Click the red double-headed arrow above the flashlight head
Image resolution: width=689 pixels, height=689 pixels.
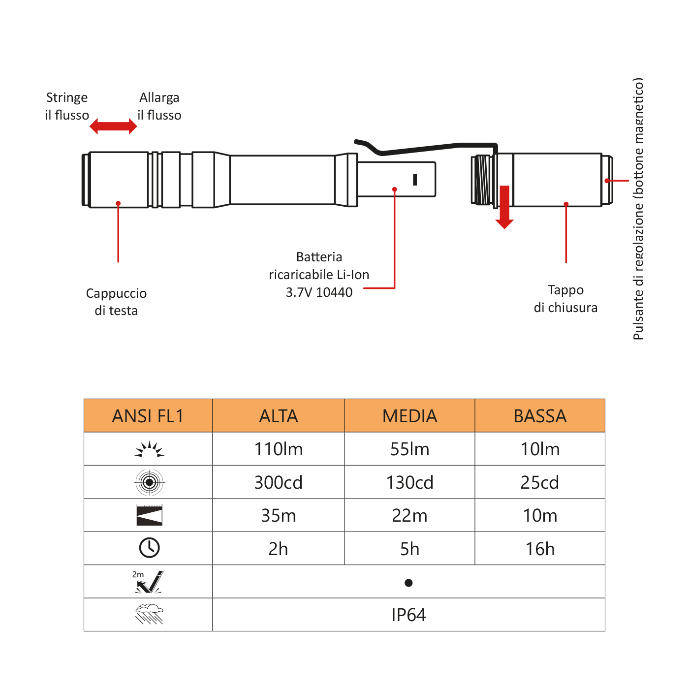[x=113, y=126]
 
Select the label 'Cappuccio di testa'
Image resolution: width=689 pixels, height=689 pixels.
[x=116, y=302]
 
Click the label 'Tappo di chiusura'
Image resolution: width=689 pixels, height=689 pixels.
[x=565, y=299]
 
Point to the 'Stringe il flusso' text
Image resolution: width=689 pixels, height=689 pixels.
[x=67, y=106]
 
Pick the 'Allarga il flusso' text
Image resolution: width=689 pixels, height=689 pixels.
[x=159, y=106]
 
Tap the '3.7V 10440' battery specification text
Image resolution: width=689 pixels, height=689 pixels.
[x=319, y=292]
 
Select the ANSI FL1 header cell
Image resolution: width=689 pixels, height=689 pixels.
[x=148, y=416]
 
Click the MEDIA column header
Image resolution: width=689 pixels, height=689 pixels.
[x=410, y=416]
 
